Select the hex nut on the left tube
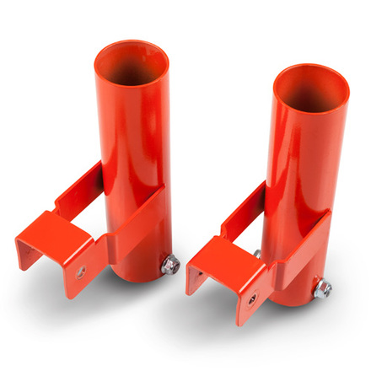pos(169,266)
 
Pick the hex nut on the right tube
pos(323,289)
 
